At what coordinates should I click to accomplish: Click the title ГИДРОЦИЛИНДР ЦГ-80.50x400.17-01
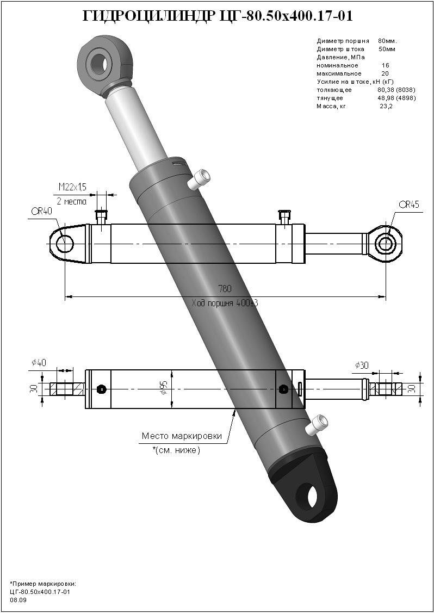[x=218, y=16]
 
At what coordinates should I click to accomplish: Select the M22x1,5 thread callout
[x=72, y=188]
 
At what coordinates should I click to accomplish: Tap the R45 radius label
[x=409, y=205]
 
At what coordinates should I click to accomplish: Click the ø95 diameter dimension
[x=163, y=387]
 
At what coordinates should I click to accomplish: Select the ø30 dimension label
[x=361, y=365]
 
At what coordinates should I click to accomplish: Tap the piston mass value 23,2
[x=386, y=107]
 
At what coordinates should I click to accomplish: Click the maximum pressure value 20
[x=385, y=73]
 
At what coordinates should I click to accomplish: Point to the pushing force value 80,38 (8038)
[x=396, y=90]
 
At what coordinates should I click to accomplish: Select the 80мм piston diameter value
[x=387, y=41]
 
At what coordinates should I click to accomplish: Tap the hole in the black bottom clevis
[x=309, y=497]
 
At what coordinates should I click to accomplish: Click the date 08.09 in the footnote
[x=18, y=600]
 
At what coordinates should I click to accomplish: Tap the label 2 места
[x=72, y=201]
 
